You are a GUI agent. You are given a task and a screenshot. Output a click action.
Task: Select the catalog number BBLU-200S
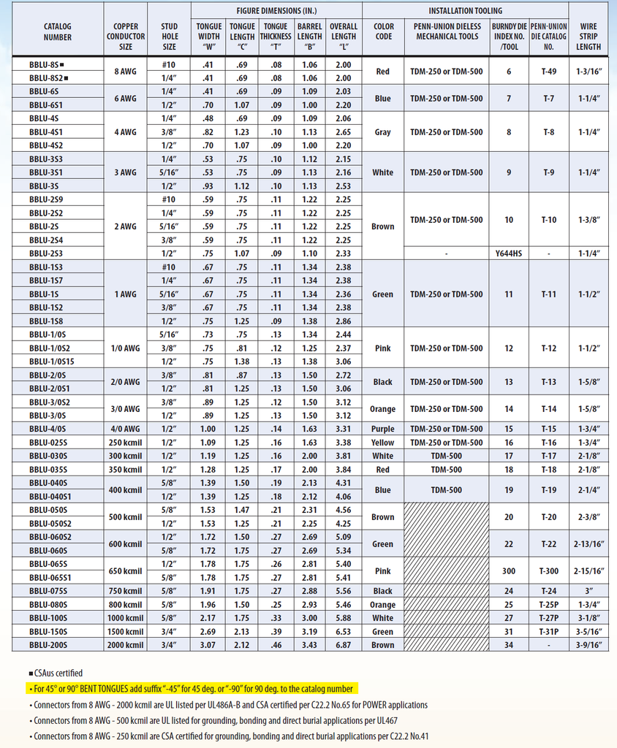point(48,645)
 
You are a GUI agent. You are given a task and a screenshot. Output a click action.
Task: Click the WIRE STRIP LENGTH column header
point(588,37)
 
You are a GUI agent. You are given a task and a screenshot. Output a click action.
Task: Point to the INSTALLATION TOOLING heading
point(465,11)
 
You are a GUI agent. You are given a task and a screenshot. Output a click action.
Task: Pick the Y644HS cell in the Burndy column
point(509,253)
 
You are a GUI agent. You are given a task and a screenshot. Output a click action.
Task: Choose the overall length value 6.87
point(343,645)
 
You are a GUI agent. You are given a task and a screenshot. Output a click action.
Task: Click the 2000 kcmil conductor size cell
point(126,645)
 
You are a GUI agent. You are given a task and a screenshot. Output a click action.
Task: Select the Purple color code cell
point(382,429)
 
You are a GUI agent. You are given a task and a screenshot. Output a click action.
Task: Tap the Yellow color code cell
point(382,443)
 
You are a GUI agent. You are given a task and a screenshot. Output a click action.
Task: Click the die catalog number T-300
point(548,571)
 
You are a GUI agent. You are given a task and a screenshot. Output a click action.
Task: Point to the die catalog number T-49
point(548,71)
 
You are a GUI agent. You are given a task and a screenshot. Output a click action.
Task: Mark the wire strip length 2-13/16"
point(588,544)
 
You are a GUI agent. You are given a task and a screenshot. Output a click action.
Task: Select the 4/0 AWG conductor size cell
point(126,429)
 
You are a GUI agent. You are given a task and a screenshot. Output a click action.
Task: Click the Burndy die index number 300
point(509,571)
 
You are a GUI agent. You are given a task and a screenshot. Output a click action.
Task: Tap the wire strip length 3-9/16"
point(588,645)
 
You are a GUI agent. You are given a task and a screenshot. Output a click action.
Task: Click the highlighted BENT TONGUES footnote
point(189,689)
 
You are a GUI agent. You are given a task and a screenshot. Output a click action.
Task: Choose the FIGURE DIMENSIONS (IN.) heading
point(276,11)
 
